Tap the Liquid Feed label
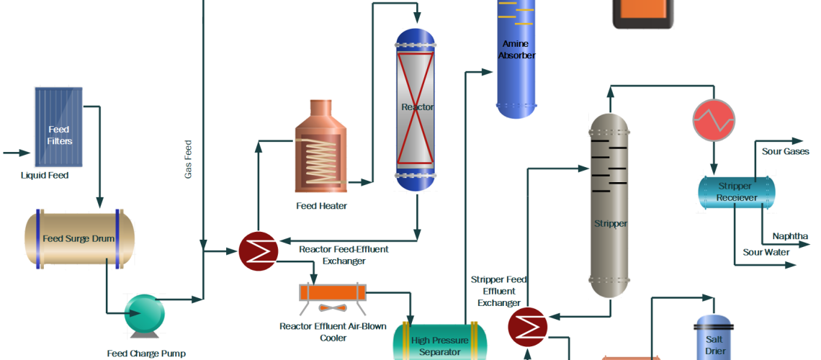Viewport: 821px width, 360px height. [45, 175]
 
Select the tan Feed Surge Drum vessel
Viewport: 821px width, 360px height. [79, 238]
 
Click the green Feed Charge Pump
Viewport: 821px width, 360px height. [144, 314]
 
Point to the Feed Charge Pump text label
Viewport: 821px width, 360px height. [146, 353]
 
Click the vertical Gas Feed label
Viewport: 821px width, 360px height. [188, 159]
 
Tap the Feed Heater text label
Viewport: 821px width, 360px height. [321, 206]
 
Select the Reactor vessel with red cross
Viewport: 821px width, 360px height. [416, 108]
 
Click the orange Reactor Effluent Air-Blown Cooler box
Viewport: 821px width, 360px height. [332, 292]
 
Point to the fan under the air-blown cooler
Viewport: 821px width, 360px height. [332, 308]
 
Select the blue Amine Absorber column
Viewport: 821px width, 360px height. [516, 58]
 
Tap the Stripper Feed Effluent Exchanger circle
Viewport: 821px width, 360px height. [527, 327]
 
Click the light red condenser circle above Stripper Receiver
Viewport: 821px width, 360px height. [713, 119]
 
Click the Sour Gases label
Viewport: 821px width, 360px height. [786, 151]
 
